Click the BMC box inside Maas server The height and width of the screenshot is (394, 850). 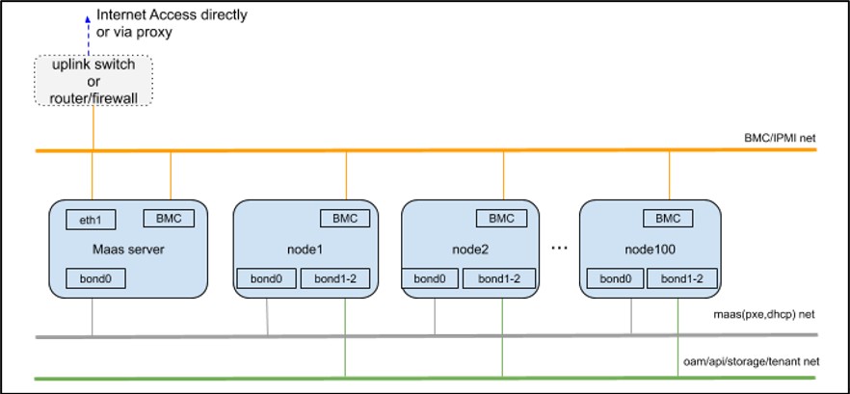168,218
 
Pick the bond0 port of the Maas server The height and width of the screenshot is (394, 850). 96,279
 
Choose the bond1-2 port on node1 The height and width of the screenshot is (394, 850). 332,279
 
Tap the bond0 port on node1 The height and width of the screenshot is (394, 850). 266,279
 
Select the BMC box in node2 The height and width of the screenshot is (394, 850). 501,219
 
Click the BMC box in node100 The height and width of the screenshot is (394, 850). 669,219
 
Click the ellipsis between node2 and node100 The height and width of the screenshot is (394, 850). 558,249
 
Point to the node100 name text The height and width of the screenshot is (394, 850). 651,249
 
